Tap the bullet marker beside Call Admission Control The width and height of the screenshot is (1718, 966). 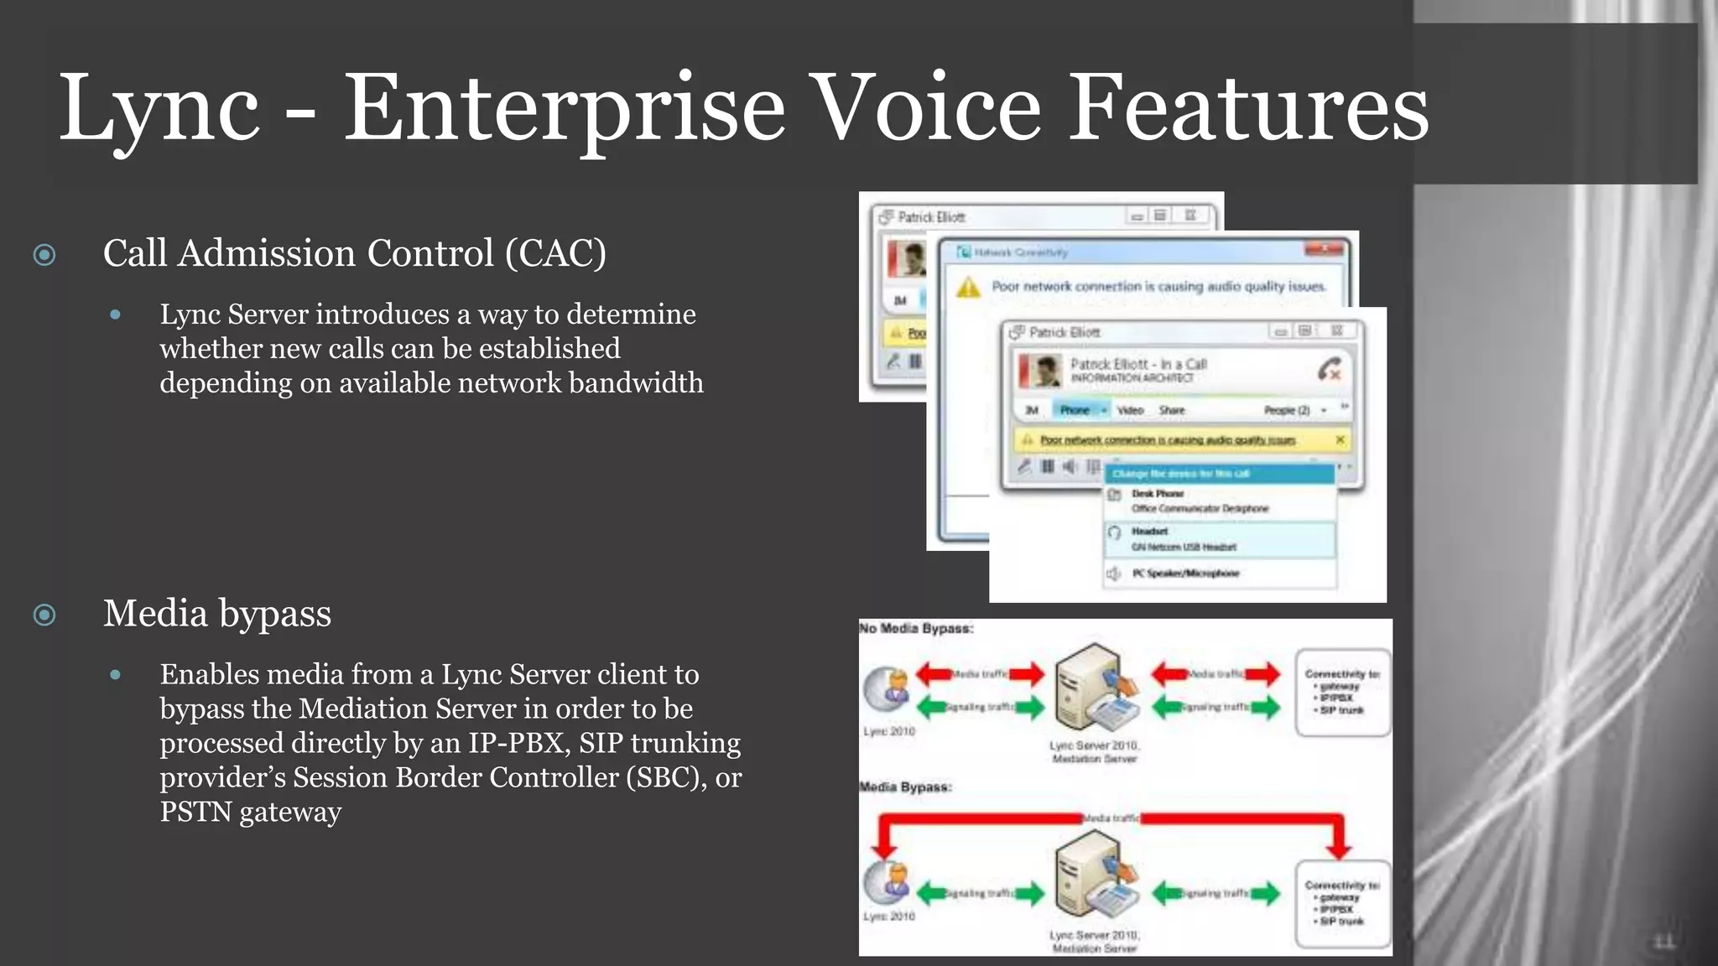coord(44,254)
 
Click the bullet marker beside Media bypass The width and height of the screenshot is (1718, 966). coord(44,615)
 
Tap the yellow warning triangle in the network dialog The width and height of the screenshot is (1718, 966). coord(968,288)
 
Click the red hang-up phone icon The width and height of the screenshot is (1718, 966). coord(1329,369)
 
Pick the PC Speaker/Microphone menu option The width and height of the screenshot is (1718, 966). coord(1184,574)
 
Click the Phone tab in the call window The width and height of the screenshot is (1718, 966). coord(1075,410)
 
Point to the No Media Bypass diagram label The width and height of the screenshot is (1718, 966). coord(916,629)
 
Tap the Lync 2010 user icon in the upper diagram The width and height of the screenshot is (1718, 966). coord(888,689)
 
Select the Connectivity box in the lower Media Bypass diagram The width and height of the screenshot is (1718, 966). coord(1341,904)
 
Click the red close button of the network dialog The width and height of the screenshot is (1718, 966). coord(1325,249)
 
